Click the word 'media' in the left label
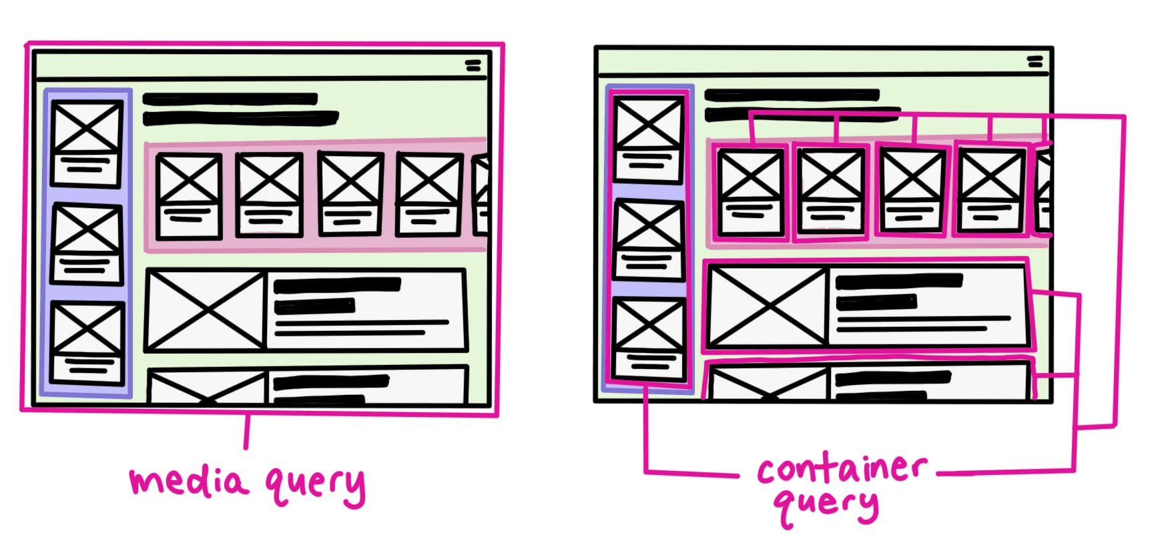click(189, 480)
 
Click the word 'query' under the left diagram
click(315, 485)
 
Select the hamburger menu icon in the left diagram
click(473, 65)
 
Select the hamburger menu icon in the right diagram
click(1035, 62)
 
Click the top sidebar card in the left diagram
click(87, 143)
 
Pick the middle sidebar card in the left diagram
click(87, 244)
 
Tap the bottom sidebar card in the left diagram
click(87, 343)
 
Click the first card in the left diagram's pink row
click(189, 195)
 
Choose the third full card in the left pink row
click(350, 193)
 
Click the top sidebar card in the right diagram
click(649, 138)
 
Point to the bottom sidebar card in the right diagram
click(649, 340)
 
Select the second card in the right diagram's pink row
click(831, 191)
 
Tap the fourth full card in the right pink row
click(991, 190)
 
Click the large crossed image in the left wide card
click(206, 310)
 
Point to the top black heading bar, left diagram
click(230, 99)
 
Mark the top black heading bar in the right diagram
click(792, 95)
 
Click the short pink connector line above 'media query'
click(246, 431)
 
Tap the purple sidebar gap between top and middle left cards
click(87, 196)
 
